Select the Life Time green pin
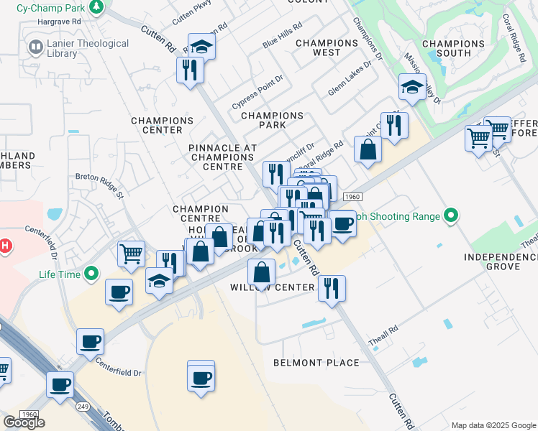[x=91, y=274]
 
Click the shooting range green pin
[x=451, y=215]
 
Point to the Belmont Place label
[x=316, y=363]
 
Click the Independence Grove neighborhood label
[x=491, y=261]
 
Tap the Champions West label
[x=327, y=47]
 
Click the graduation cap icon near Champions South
[x=412, y=87]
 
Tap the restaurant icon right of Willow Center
[x=332, y=289]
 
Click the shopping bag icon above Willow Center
[x=262, y=272]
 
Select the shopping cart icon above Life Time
[x=132, y=254]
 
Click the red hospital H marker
[x=5, y=247]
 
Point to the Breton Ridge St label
[x=101, y=176]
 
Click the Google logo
[x=24, y=422]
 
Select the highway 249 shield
[x=84, y=407]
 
